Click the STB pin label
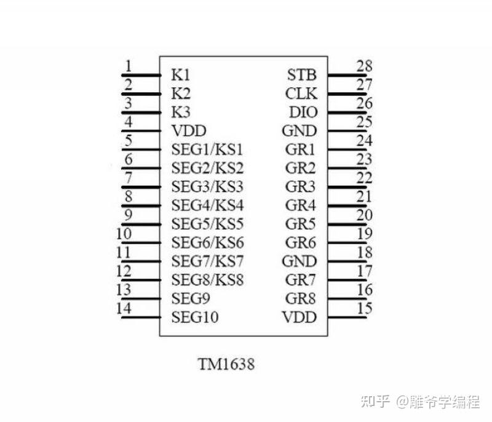pyautogui.click(x=302, y=75)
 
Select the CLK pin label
pyautogui.click(x=301, y=94)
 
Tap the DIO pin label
pyautogui.click(x=303, y=113)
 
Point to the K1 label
pyautogui.click(x=181, y=75)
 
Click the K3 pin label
pyautogui.click(x=181, y=113)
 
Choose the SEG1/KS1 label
pyautogui.click(x=208, y=149)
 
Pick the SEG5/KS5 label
pyautogui.click(x=208, y=224)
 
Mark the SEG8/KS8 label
pyautogui.click(x=208, y=280)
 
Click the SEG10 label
pyautogui.click(x=195, y=317)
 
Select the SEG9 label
pyautogui.click(x=191, y=298)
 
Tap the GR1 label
pyautogui.click(x=301, y=149)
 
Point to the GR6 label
pyautogui.click(x=301, y=242)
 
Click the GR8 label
pyautogui.click(x=301, y=298)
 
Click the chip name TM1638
pyautogui.click(x=226, y=364)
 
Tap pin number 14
pyautogui.click(x=124, y=308)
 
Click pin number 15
pyautogui.click(x=365, y=308)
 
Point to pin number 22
pyautogui.click(x=365, y=178)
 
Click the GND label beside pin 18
pyautogui.click(x=299, y=261)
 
